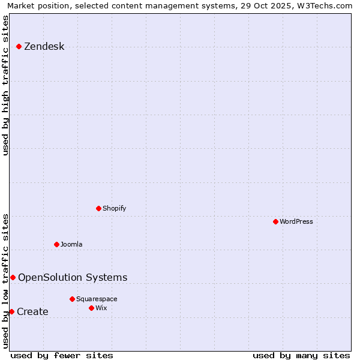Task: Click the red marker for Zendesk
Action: click(19, 46)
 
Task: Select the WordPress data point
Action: click(275, 221)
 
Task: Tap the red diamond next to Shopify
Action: click(98, 208)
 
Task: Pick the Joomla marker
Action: click(56, 244)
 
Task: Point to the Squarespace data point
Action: click(72, 299)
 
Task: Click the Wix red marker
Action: click(91, 308)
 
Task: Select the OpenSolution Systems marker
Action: click(13, 277)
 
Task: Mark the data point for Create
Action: click(11, 311)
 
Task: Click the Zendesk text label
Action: click(44, 47)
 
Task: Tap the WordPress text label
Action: click(296, 221)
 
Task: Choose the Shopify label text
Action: click(114, 208)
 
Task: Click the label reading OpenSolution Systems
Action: click(73, 277)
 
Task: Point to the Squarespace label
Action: click(97, 299)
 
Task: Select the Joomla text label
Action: click(71, 244)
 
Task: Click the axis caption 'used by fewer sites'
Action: click(62, 355)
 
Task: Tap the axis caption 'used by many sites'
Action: click(301, 355)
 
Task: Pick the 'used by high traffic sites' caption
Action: click(6, 85)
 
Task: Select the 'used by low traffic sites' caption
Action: click(6, 280)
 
